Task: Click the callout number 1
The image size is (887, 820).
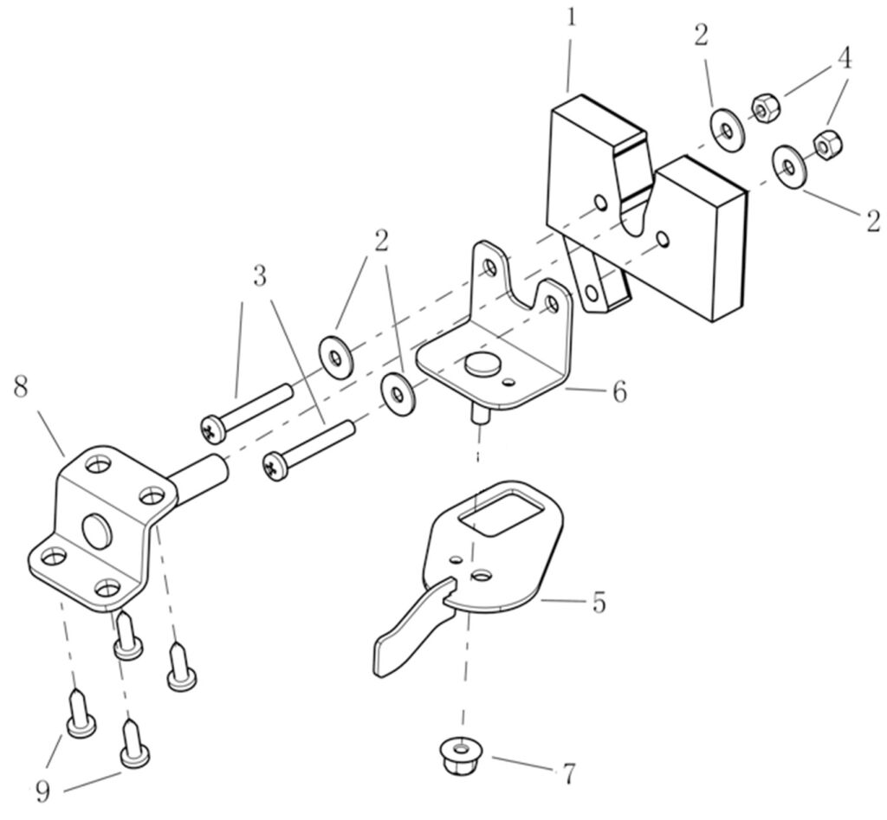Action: pyautogui.click(x=572, y=18)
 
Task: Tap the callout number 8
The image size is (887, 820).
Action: pyautogui.click(x=21, y=389)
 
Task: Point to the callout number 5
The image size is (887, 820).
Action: pyautogui.click(x=599, y=603)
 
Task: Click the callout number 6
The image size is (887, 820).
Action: pyautogui.click(x=620, y=391)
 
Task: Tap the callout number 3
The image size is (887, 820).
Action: pyautogui.click(x=260, y=277)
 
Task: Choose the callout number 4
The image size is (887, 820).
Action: pyautogui.click(x=844, y=58)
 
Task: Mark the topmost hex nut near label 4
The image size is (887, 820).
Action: pyautogui.click(x=766, y=109)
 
